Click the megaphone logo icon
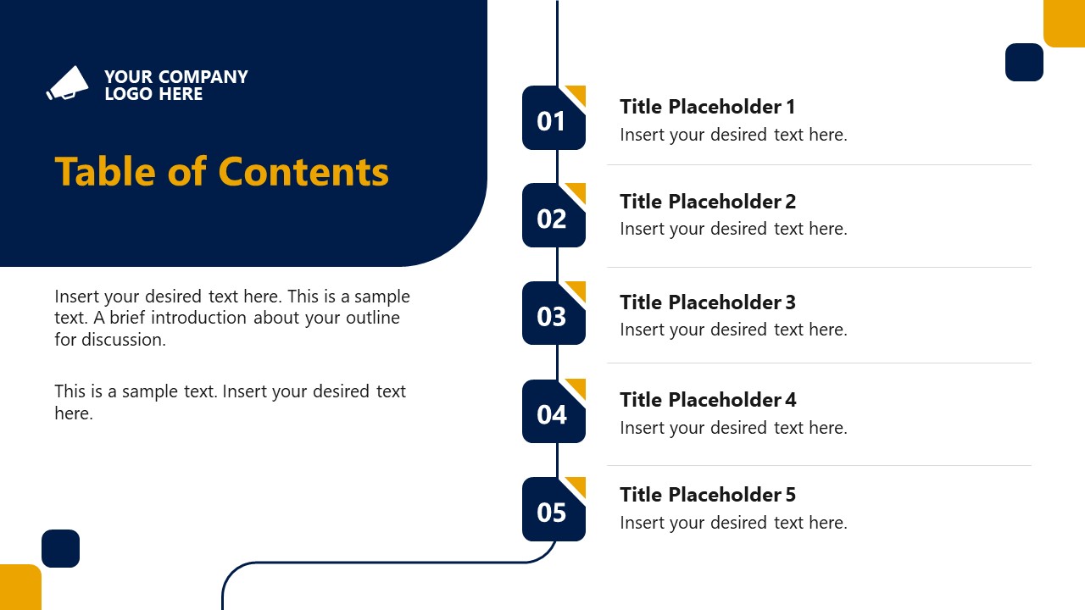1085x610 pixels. coord(68,83)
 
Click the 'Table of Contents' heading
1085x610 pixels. coord(221,171)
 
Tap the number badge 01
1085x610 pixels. coord(553,119)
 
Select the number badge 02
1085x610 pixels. coord(553,217)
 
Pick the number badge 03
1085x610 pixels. coord(553,314)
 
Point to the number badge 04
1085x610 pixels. coord(553,413)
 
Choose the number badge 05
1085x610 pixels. coord(553,510)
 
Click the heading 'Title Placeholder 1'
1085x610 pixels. coord(707,107)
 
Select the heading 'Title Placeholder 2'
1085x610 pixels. coord(707,202)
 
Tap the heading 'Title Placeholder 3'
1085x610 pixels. coord(707,302)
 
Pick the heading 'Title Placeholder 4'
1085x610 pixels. coord(707,400)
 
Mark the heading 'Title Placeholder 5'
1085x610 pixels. coord(707,495)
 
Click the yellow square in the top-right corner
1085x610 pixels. coord(1065,22)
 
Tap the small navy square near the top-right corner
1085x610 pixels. coord(1024,62)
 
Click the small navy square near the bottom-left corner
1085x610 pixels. coord(60,548)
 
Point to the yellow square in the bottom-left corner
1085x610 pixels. coord(19,588)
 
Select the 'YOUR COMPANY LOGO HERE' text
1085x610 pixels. coord(175,85)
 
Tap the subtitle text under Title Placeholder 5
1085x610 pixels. coord(733,523)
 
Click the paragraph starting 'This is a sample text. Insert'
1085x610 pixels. coord(230,402)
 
